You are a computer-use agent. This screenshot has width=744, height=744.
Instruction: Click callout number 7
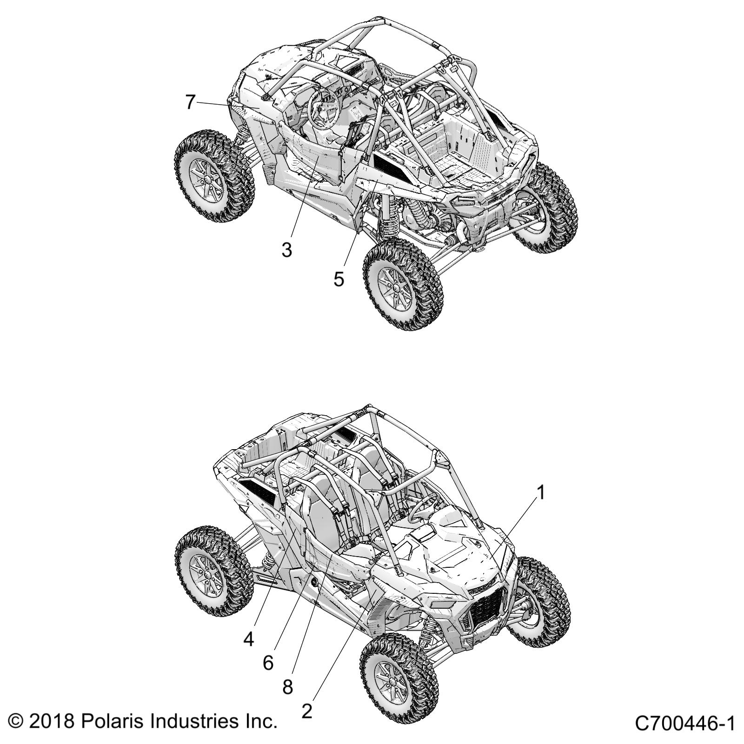coord(190,102)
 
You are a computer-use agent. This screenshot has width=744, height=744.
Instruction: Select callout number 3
coord(287,250)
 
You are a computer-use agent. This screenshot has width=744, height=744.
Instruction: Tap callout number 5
coord(339,279)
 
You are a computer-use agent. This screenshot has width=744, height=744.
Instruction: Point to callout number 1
coord(540,492)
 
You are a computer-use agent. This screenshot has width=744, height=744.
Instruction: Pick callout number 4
coord(249,639)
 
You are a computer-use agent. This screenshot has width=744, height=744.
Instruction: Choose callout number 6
coord(268,663)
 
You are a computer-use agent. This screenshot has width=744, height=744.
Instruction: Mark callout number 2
coord(306,711)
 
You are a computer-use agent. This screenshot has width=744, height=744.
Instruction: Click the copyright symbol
coord(16,722)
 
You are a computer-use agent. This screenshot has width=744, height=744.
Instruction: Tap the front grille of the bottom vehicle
coord(488,604)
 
